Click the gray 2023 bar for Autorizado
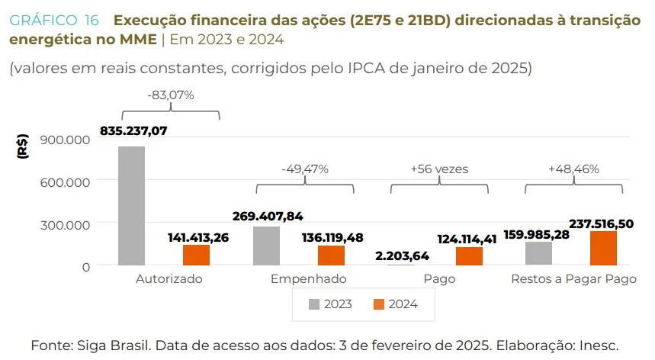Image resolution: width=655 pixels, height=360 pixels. tap(131, 206)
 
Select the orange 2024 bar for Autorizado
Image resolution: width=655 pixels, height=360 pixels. tap(196, 256)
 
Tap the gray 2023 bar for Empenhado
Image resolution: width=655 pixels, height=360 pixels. tap(266, 246)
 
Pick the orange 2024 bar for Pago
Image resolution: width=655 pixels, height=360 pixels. tap(469, 256)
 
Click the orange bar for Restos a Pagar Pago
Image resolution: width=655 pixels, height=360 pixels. tap(603, 249)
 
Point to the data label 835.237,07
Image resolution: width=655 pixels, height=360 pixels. tap(133, 130)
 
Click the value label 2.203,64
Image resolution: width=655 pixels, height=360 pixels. tap(403, 255)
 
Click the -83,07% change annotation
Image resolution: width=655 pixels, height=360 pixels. tap(171, 95)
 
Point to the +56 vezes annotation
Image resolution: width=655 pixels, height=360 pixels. tap(439, 169)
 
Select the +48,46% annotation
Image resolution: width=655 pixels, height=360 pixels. tap(573, 169)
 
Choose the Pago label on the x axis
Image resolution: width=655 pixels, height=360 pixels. tap(439, 279)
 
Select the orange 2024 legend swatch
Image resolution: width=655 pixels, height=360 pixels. tap(379, 304)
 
